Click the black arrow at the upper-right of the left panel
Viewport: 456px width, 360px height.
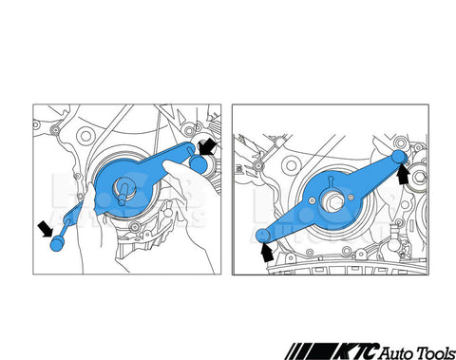[x=207, y=147]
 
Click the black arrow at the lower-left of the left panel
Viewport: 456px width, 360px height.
[x=46, y=228]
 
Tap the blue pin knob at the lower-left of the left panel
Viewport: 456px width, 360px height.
[x=57, y=244]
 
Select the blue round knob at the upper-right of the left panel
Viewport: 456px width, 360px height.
[x=198, y=164]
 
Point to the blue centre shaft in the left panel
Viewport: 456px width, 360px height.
[x=123, y=193]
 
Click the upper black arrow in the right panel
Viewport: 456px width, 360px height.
[x=403, y=175]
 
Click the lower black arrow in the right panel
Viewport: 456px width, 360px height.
[x=267, y=252]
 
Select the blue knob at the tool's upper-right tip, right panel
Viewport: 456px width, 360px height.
[x=399, y=157]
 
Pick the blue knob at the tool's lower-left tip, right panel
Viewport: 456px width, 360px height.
[x=262, y=236]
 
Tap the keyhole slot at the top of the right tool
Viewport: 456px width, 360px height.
[x=331, y=181]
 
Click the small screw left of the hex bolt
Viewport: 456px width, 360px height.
[x=312, y=200]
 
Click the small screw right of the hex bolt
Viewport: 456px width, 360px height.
[x=351, y=198]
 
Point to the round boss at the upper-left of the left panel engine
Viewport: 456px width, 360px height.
[x=85, y=136]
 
